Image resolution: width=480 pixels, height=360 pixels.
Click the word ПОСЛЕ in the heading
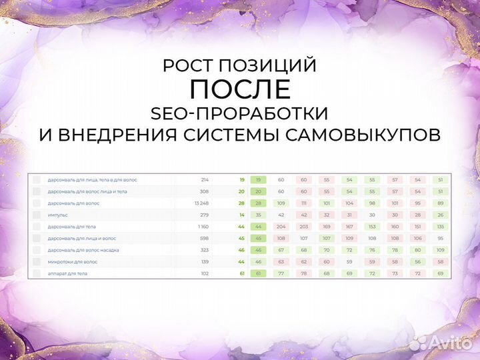[x=239, y=89]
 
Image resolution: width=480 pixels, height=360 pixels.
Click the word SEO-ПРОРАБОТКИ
[x=239, y=112]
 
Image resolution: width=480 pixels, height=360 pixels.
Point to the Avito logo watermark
[x=440, y=343]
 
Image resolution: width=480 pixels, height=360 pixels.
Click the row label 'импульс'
[x=57, y=215]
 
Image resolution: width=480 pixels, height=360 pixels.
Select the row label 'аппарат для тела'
[x=67, y=273]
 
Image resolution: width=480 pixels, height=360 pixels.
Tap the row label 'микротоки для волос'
[x=72, y=262]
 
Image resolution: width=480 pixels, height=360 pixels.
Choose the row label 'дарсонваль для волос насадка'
[x=83, y=250]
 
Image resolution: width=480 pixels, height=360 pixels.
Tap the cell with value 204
[x=281, y=227]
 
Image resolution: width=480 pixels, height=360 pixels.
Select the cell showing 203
[x=304, y=227]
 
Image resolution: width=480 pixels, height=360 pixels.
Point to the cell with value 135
[x=440, y=227]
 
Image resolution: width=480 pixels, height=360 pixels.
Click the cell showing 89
[x=440, y=203]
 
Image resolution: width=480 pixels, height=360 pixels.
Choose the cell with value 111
[x=304, y=203]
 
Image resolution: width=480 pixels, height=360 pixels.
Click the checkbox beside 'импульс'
[x=37, y=215]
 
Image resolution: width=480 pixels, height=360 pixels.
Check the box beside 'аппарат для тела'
[x=37, y=273]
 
